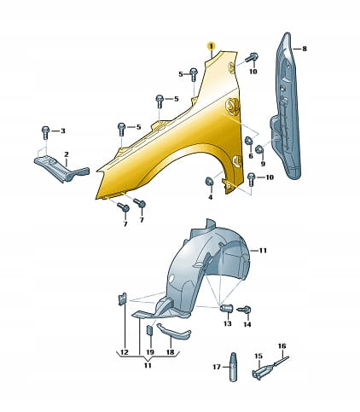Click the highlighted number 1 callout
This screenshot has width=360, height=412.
[211, 45]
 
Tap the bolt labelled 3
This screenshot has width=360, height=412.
[45, 132]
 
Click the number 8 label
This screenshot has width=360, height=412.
[305, 49]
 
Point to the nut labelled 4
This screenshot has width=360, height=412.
[209, 181]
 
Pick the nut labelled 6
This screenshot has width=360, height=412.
[249, 141]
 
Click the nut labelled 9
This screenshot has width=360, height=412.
[259, 149]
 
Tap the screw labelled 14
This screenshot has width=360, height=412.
[244, 310]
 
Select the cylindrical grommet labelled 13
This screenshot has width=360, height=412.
[227, 307]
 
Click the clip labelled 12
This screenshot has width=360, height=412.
[122, 299]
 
